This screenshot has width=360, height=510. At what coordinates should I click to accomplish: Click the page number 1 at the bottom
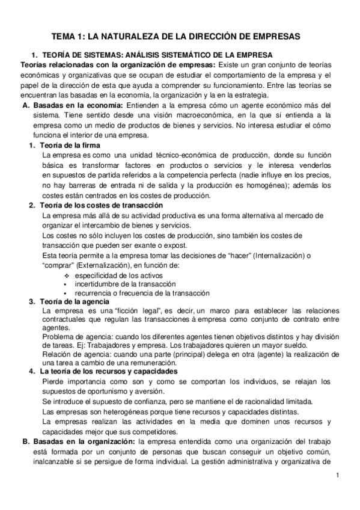tap(338, 476)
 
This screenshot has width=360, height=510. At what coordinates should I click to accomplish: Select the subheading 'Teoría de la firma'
tap(69, 146)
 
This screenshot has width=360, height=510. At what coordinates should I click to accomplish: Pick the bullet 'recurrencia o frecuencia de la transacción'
tap(142, 293)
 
